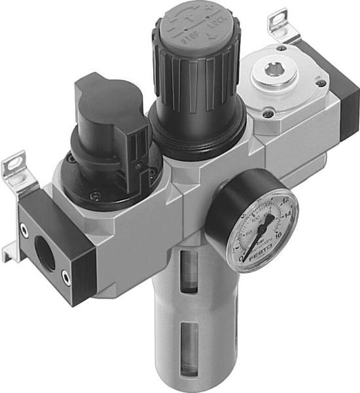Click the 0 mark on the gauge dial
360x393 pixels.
tap(242, 257)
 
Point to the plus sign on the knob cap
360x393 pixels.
tap(210, 11)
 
